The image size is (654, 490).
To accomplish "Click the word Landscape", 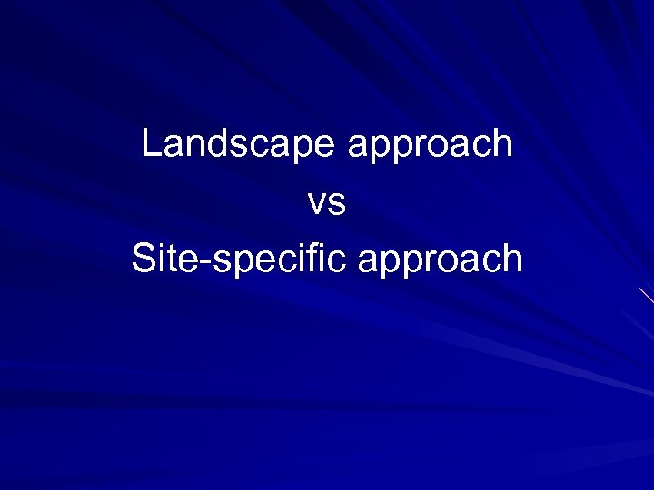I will point(239,144).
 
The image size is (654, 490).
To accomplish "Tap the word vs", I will point(327,203).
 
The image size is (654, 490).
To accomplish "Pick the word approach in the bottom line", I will point(441,260).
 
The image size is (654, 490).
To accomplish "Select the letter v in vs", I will point(317,204).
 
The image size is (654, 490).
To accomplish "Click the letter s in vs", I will point(337,204).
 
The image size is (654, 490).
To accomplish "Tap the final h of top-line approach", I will point(502,143).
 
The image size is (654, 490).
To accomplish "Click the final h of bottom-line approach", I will point(512,259).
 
